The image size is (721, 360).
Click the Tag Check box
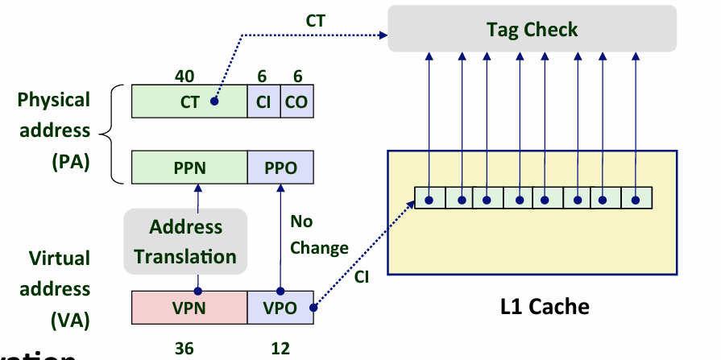(x=532, y=30)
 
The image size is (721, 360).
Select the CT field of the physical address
(x=189, y=102)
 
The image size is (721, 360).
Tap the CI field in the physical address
(x=263, y=102)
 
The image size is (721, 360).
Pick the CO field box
(x=297, y=102)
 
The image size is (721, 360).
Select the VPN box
(x=189, y=307)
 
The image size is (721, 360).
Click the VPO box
(x=280, y=307)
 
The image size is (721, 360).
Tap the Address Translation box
(x=185, y=242)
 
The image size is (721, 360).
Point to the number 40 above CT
(x=184, y=76)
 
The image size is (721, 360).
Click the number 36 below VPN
(x=184, y=348)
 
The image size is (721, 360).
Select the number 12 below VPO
(x=280, y=348)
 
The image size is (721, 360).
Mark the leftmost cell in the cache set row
(x=429, y=199)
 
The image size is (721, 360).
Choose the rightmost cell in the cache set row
(x=636, y=199)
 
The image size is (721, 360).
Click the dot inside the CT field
(x=214, y=102)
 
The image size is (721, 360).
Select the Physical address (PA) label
(x=55, y=130)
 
